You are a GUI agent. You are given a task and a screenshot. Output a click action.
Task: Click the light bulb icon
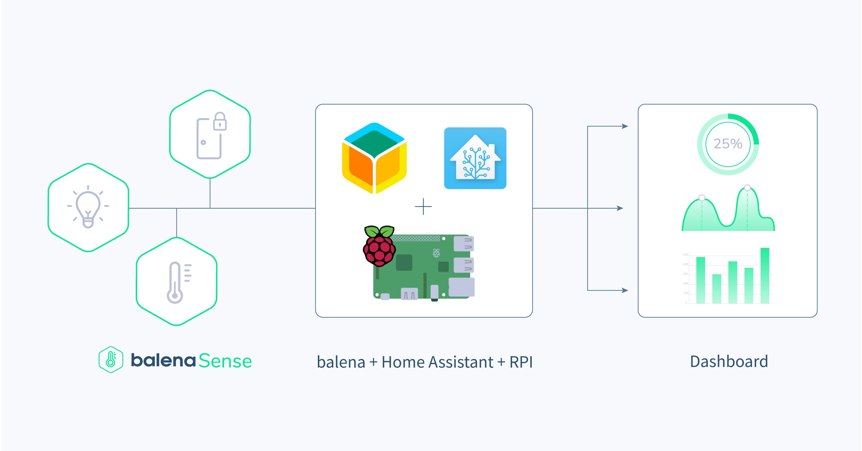coord(88,207)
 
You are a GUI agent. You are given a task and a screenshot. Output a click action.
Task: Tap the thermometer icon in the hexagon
coord(175,283)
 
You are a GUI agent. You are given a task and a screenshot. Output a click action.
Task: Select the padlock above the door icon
coord(220,121)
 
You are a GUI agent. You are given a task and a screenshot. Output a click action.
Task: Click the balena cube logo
coord(374,158)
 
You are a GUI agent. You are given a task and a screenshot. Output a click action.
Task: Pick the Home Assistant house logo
coord(475,158)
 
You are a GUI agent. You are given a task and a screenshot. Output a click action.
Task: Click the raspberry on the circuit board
coord(379,246)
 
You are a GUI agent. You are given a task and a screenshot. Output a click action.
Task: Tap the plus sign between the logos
coord(423,207)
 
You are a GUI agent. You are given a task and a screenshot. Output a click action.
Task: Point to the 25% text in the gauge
coord(728,144)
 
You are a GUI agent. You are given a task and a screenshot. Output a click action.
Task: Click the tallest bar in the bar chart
coord(765,275)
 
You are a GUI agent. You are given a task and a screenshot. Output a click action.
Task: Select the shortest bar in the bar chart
coord(717,289)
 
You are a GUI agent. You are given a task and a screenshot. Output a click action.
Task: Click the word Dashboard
coord(729,362)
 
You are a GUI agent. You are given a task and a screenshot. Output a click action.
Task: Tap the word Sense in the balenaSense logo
coord(225,361)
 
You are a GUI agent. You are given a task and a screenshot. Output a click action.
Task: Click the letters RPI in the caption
coord(521,362)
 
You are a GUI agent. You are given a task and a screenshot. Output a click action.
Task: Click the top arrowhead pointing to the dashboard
coord(625,126)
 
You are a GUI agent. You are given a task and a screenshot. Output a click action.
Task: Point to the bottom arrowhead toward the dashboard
coord(625,290)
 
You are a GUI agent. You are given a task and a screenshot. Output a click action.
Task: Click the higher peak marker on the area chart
coord(747,188)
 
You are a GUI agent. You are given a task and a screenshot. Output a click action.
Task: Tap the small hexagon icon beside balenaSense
coord(111,359)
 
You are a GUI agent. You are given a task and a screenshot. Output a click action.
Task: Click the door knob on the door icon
coord(203,143)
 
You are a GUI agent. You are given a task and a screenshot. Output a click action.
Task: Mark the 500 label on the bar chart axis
coord(685,255)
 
